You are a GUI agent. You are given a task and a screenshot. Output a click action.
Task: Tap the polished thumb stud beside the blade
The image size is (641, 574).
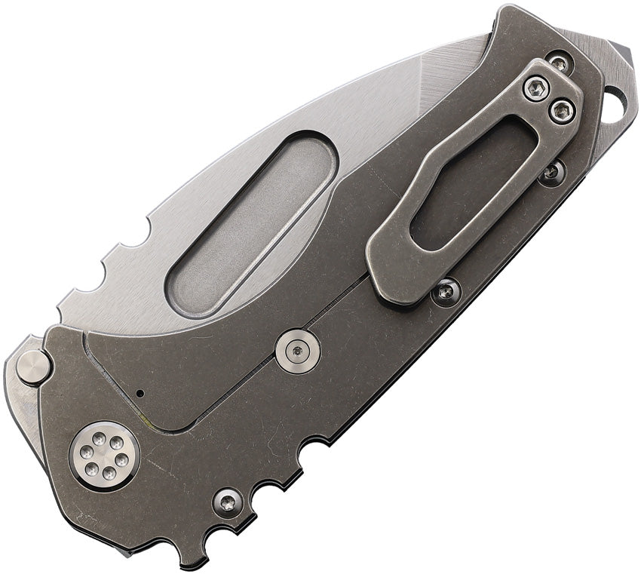(x=34, y=367)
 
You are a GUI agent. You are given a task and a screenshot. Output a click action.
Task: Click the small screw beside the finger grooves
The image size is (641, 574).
(x=227, y=501)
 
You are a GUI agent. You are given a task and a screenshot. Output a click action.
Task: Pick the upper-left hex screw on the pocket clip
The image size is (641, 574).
(x=536, y=90)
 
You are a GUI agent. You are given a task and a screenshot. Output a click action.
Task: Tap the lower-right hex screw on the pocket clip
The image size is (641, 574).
(x=562, y=112)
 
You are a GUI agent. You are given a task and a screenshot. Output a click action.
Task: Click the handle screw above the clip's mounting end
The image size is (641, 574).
(x=559, y=63)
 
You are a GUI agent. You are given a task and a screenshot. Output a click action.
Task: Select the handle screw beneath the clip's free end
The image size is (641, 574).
(x=446, y=290)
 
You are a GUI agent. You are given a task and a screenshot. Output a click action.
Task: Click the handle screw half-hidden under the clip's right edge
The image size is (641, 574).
(x=552, y=172)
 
